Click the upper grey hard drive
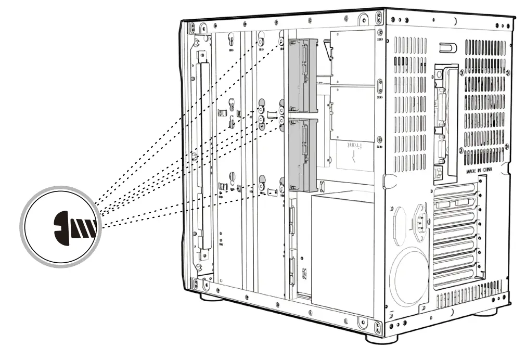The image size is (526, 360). (302, 75)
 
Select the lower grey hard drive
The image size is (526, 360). (302, 155)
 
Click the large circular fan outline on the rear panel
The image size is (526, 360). (408, 276)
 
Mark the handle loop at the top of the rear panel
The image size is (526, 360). (448, 48)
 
